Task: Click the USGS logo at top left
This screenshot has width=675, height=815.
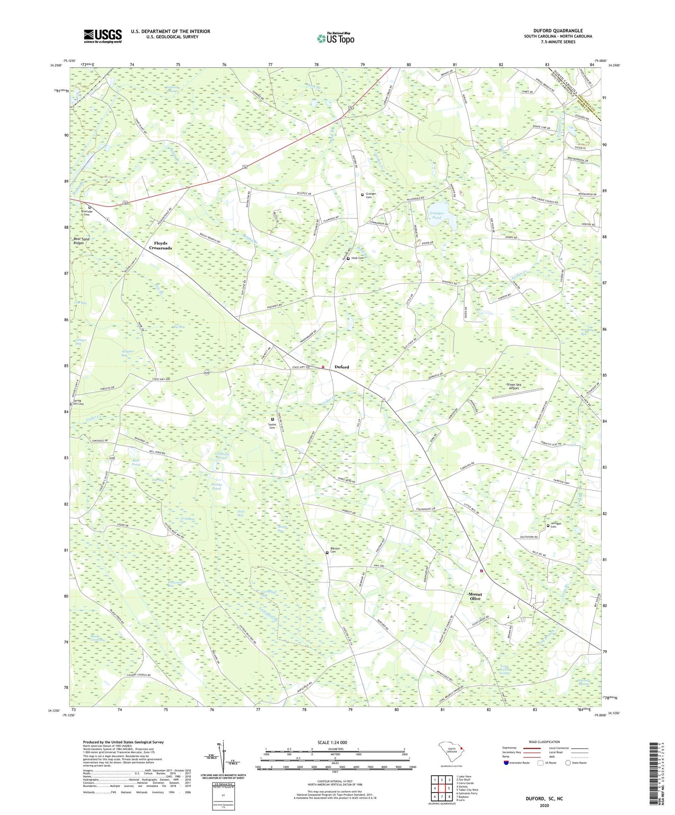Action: (x=103, y=36)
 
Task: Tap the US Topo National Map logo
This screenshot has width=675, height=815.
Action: (x=335, y=38)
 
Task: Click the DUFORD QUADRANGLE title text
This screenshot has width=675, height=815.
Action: (x=558, y=31)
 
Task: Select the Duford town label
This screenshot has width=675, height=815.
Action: (x=341, y=367)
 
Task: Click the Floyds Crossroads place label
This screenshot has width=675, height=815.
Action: (x=160, y=246)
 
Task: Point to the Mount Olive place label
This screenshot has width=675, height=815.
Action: (x=475, y=597)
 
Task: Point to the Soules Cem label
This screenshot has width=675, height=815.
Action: (x=272, y=426)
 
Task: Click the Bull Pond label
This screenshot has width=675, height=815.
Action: (x=135, y=462)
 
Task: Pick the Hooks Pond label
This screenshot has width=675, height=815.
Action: (x=216, y=486)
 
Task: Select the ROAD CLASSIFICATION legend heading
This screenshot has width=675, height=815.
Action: (x=544, y=742)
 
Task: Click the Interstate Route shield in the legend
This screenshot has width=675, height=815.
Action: (x=506, y=763)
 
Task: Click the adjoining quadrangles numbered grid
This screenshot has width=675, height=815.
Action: (x=441, y=789)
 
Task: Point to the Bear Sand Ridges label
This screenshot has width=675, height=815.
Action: (x=78, y=241)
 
